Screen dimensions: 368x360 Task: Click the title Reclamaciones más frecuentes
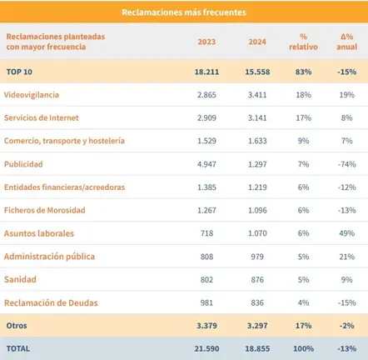point(184,12)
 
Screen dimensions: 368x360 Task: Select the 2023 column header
point(206,42)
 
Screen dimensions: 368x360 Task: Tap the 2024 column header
point(257,42)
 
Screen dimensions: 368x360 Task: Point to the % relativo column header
point(303,42)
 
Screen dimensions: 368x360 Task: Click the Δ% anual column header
point(347,42)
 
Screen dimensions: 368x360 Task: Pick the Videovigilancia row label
point(32,95)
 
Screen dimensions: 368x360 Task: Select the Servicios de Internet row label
point(42,117)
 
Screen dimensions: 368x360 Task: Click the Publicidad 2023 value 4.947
point(206,164)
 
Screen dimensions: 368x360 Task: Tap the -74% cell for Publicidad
point(347,164)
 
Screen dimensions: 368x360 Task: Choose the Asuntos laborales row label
point(39,233)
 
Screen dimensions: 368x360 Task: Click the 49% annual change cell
point(347,233)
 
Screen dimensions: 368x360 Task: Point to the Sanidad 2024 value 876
point(257,279)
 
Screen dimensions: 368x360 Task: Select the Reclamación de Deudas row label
point(51,302)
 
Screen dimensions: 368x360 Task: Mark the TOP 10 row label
point(19,72)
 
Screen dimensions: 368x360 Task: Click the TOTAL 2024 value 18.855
point(257,348)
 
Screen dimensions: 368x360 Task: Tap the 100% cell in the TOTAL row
point(303,348)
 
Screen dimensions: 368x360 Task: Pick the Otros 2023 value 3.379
point(206,326)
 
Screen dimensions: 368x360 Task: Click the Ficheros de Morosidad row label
point(45,210)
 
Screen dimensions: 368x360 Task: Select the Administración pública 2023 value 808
point(206,257)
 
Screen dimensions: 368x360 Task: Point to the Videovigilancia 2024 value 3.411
point(257,95)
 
